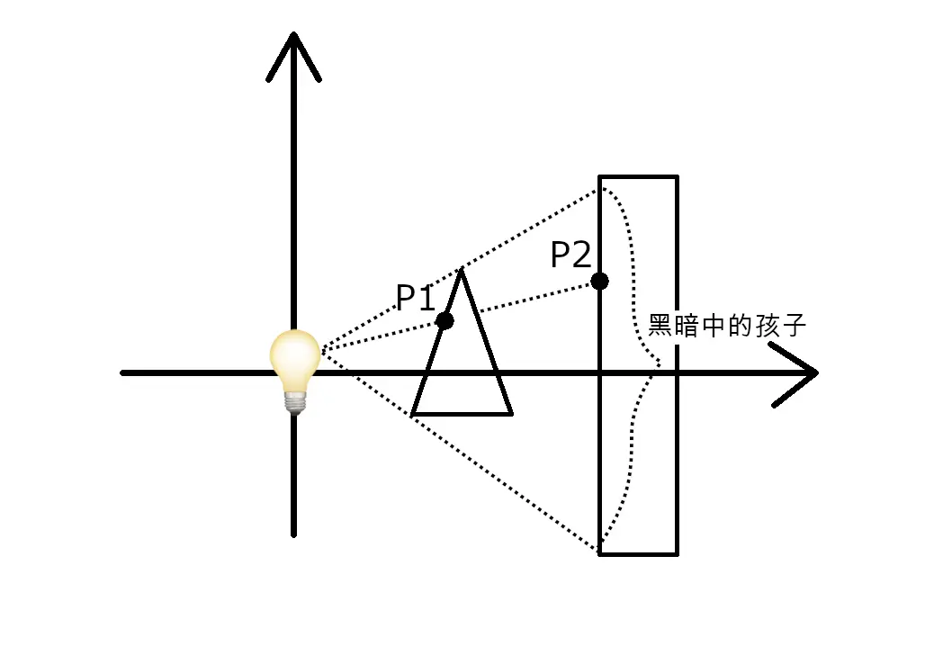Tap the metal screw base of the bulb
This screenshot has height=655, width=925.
pos(295,401)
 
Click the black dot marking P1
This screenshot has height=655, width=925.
pos(445,320)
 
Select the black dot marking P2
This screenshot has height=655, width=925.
pos(599,281)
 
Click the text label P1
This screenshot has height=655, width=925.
pos(416,298)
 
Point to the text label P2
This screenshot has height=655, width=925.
pos(570,256)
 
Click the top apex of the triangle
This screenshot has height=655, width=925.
pos(462,271)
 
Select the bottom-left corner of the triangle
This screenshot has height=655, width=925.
pos(413,414)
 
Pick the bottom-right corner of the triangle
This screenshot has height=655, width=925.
pos(510,414)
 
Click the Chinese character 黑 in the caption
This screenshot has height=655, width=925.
pos(660,326)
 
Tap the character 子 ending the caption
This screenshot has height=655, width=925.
pos(793,326)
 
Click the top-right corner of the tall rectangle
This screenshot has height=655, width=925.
pos(677,177)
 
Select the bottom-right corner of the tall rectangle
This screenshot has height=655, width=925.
pos(677,554)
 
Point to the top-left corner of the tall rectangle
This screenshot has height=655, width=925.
pos(600,177)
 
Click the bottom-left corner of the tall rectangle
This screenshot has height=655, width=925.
pos(600,554)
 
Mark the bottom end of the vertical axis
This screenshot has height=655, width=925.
pos(294,534)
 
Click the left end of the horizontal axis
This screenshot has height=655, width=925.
pos(123,372)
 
